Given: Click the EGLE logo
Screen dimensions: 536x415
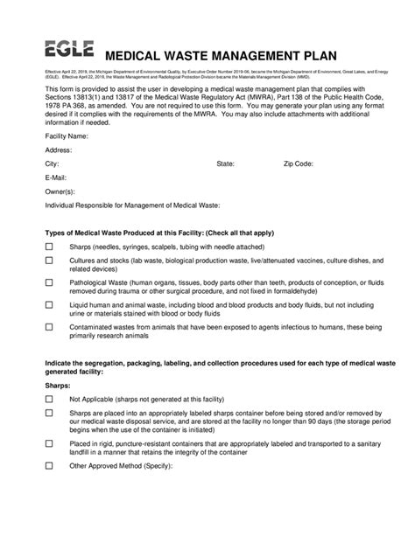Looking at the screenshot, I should [x=67, y=50].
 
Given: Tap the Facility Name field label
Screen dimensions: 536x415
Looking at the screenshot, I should [x=67, y=136].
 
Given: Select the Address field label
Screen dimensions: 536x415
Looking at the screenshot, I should [x=59, y=150].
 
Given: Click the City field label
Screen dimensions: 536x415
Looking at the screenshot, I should [x=52, y=164].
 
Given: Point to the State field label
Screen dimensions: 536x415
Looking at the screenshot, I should [x=225, y=164].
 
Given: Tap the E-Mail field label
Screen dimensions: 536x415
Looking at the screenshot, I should [x=56, y=178].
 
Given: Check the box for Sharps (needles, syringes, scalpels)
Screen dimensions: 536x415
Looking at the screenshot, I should [x=49, y=247].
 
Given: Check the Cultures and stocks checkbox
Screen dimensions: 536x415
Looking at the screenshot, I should [x=49, y=261].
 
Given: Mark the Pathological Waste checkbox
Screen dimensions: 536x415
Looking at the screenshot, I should [x=49, y=283].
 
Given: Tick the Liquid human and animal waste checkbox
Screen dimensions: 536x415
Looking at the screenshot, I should [x=49, y=305].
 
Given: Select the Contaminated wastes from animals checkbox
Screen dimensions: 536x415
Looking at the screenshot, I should [x=49, y=328].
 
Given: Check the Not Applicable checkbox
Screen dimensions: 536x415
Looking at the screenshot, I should [x=49, y=399].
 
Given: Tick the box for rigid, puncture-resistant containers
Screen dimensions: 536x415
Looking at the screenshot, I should [x=49, y=444].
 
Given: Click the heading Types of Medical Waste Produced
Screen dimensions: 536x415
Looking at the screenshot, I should [x=159, y=233].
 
